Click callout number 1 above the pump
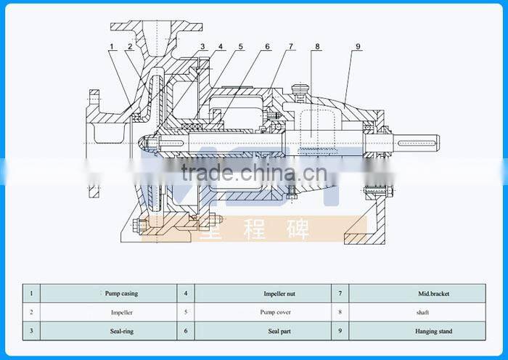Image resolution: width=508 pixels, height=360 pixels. coord(112,47)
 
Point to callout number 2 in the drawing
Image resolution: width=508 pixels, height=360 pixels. coord(129,47)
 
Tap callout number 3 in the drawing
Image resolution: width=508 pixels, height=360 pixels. coord(202,47)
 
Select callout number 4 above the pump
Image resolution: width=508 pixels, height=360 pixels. coord(221,47)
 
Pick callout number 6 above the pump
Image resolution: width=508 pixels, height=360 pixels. coord(267,47)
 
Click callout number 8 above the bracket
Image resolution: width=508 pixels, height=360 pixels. coord(317,47)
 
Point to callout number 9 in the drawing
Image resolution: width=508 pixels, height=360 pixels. coord(358,47)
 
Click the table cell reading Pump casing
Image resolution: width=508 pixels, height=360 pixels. coord(121,293)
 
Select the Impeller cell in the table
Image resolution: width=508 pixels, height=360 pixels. coord(121,312)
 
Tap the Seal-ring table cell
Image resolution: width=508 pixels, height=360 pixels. coord(121,331)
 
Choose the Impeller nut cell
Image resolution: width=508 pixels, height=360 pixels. coord(277,293)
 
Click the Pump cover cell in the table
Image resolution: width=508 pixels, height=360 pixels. coord(277,312)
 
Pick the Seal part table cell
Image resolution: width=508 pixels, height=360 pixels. coord(277,331)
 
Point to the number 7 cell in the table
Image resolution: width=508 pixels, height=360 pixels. coord(340,293)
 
